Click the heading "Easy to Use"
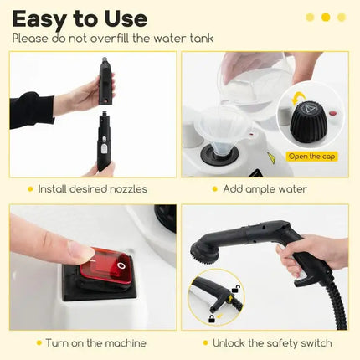[x=80, y=18]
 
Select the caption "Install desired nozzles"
[x=92, y=189]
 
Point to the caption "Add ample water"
[x=265, y=189]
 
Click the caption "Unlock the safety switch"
[x=272, y=343]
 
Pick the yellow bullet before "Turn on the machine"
[x=39, y=343]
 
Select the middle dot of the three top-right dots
[x=326, y=17]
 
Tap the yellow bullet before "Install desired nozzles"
[x=30, y=189]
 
